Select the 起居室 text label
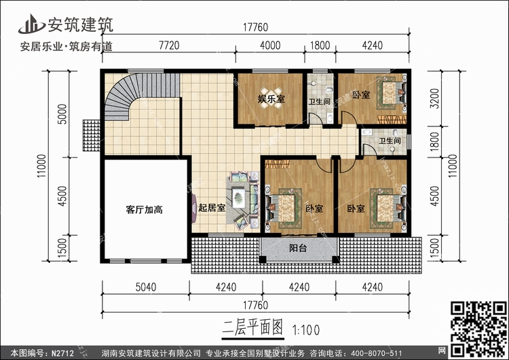(x=212, y=209)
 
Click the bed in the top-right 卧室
(x=388, y=92)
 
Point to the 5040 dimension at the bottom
(x=145, y=286)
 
